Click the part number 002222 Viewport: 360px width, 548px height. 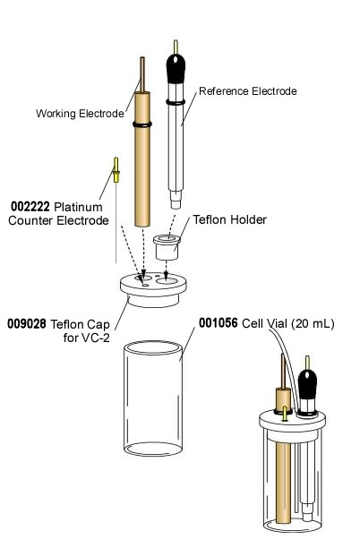pos(30,205)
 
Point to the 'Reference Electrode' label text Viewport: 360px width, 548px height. pos(247,91)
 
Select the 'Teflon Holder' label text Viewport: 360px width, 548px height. pos(230,219)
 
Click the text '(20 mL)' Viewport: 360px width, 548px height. pos(313,323)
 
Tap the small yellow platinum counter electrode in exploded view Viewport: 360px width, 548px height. pos(116,170)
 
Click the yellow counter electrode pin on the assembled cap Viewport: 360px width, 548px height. pos(284,414)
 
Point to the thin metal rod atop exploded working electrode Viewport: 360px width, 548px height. pos(141,72)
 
